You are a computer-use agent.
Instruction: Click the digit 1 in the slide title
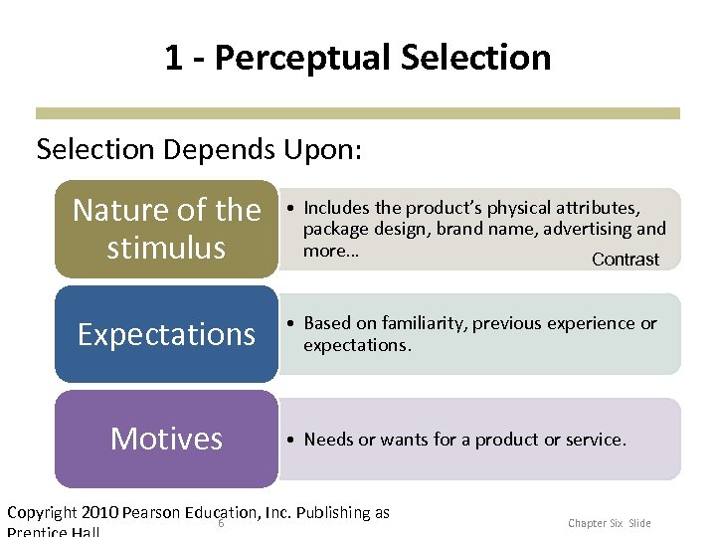174,58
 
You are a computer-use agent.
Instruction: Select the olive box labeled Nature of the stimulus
166,229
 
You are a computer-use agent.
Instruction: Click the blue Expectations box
166,334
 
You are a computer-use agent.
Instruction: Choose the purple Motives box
166,439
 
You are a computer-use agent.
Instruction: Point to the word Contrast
625,260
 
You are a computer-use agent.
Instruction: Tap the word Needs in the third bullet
328,439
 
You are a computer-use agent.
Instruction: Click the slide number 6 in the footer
220,524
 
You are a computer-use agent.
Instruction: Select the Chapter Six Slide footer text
609,523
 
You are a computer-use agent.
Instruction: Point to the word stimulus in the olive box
166,247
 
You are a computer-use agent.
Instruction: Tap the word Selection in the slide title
475,58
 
